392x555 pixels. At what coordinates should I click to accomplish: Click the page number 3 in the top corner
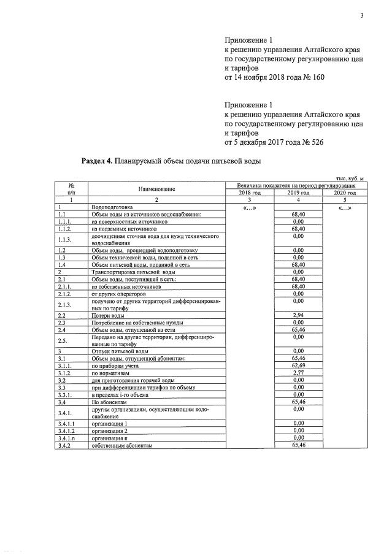coord(361,17)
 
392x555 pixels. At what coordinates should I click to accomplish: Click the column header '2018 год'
coord(249,193)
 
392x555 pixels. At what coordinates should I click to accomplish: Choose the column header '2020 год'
coord(344,193)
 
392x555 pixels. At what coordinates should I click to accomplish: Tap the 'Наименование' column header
coord(156,189)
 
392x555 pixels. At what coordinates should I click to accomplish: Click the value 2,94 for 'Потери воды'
coord(299,316)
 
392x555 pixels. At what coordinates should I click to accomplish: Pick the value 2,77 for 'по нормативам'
coord(299,372)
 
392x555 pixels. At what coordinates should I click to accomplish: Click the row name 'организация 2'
coord(110,431)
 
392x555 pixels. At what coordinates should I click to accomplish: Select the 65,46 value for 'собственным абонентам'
coord(299,445)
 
